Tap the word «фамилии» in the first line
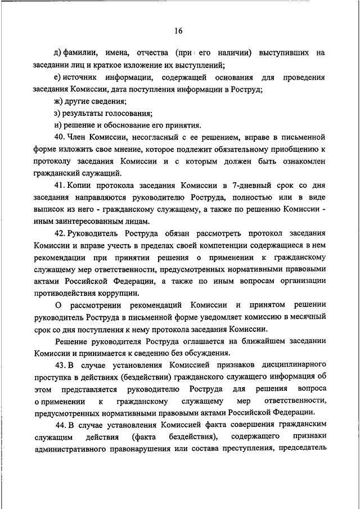coord(83,53)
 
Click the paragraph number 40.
coord(60,137)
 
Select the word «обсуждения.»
coord(205,354)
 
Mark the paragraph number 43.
coord(60,366)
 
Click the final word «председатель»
coord(305,450)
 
